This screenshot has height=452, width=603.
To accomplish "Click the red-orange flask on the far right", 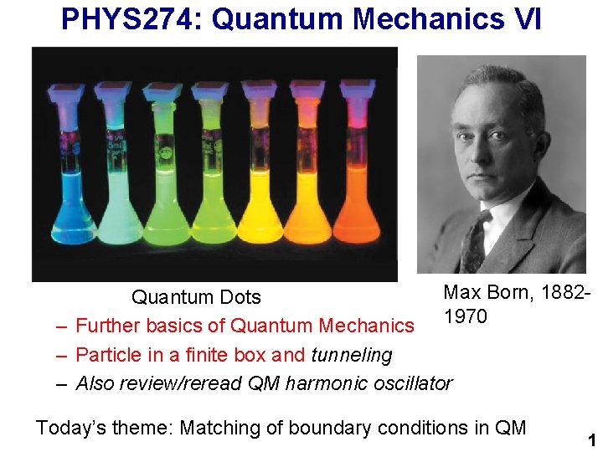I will [x=356, y=201].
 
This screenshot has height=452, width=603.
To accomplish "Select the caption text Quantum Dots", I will [x=196, y=297].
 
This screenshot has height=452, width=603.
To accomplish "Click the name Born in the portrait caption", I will [x=507, y=292].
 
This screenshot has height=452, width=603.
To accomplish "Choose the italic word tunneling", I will [x=352, y=355].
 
